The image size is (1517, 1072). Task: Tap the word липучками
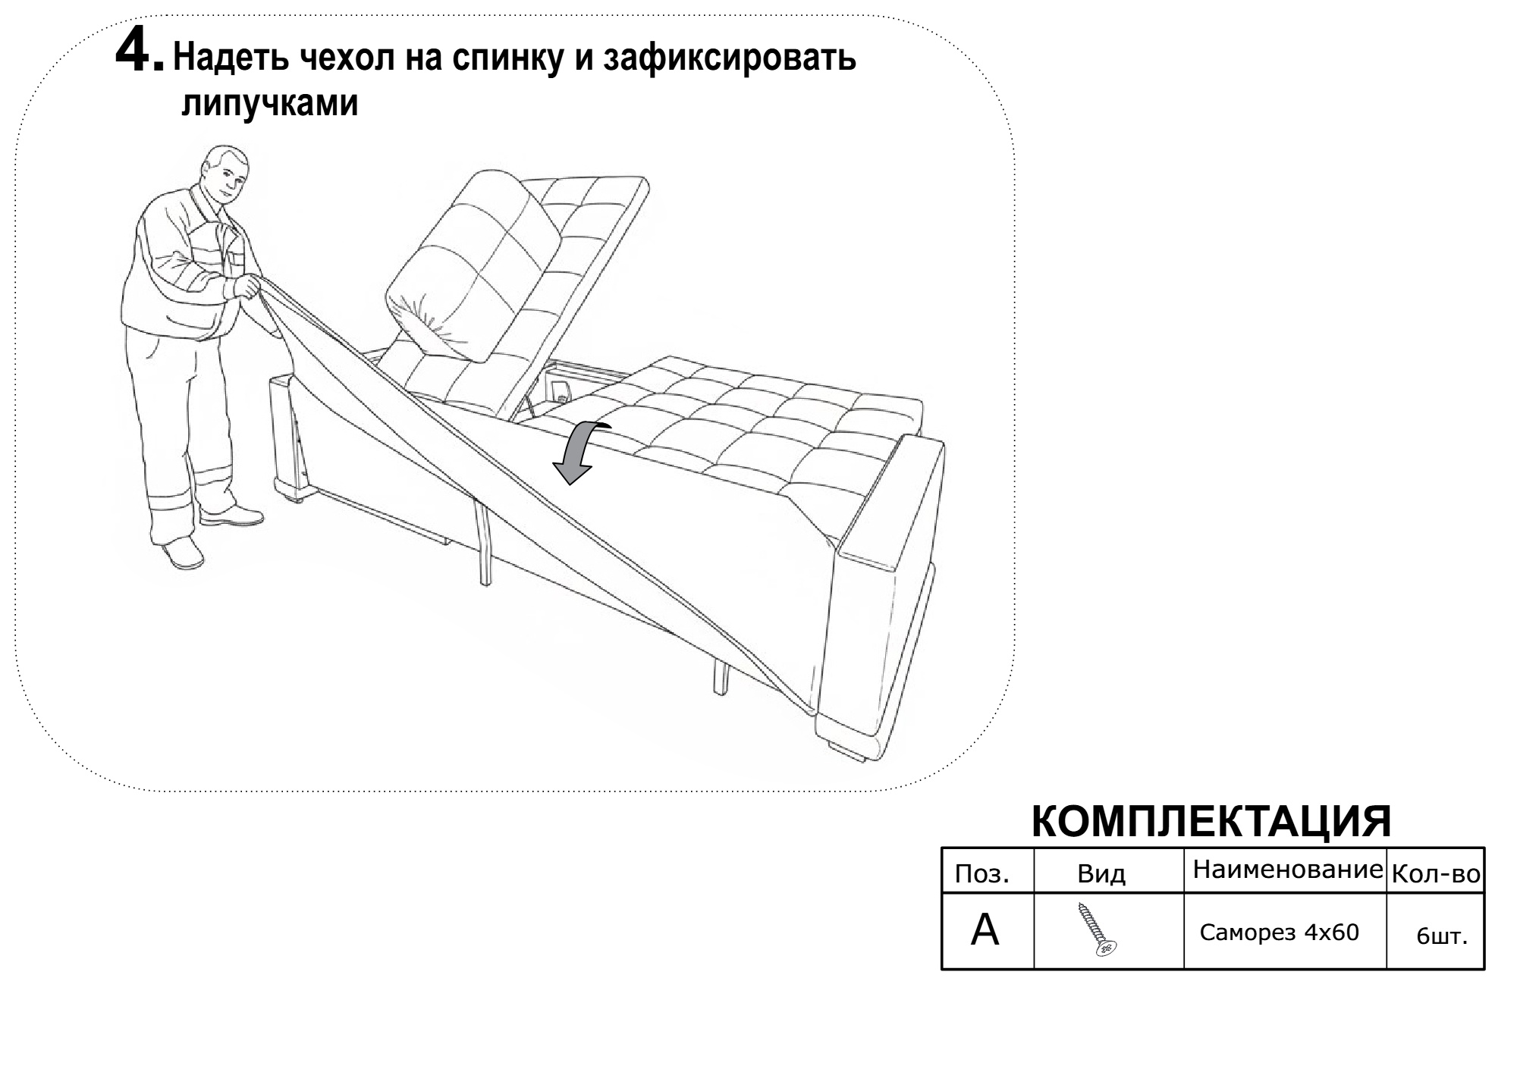269,104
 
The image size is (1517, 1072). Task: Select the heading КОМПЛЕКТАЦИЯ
1211,820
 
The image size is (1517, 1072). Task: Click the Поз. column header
982,874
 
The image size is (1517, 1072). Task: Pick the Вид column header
1101,874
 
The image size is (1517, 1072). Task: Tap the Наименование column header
1288,870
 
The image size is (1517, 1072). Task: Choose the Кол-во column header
1435,875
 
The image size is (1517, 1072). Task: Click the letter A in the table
985,930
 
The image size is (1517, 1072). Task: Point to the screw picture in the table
1097,929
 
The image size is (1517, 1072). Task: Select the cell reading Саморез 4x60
1280,932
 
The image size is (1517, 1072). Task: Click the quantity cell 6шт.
1442,936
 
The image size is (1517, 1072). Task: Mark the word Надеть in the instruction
231,58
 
